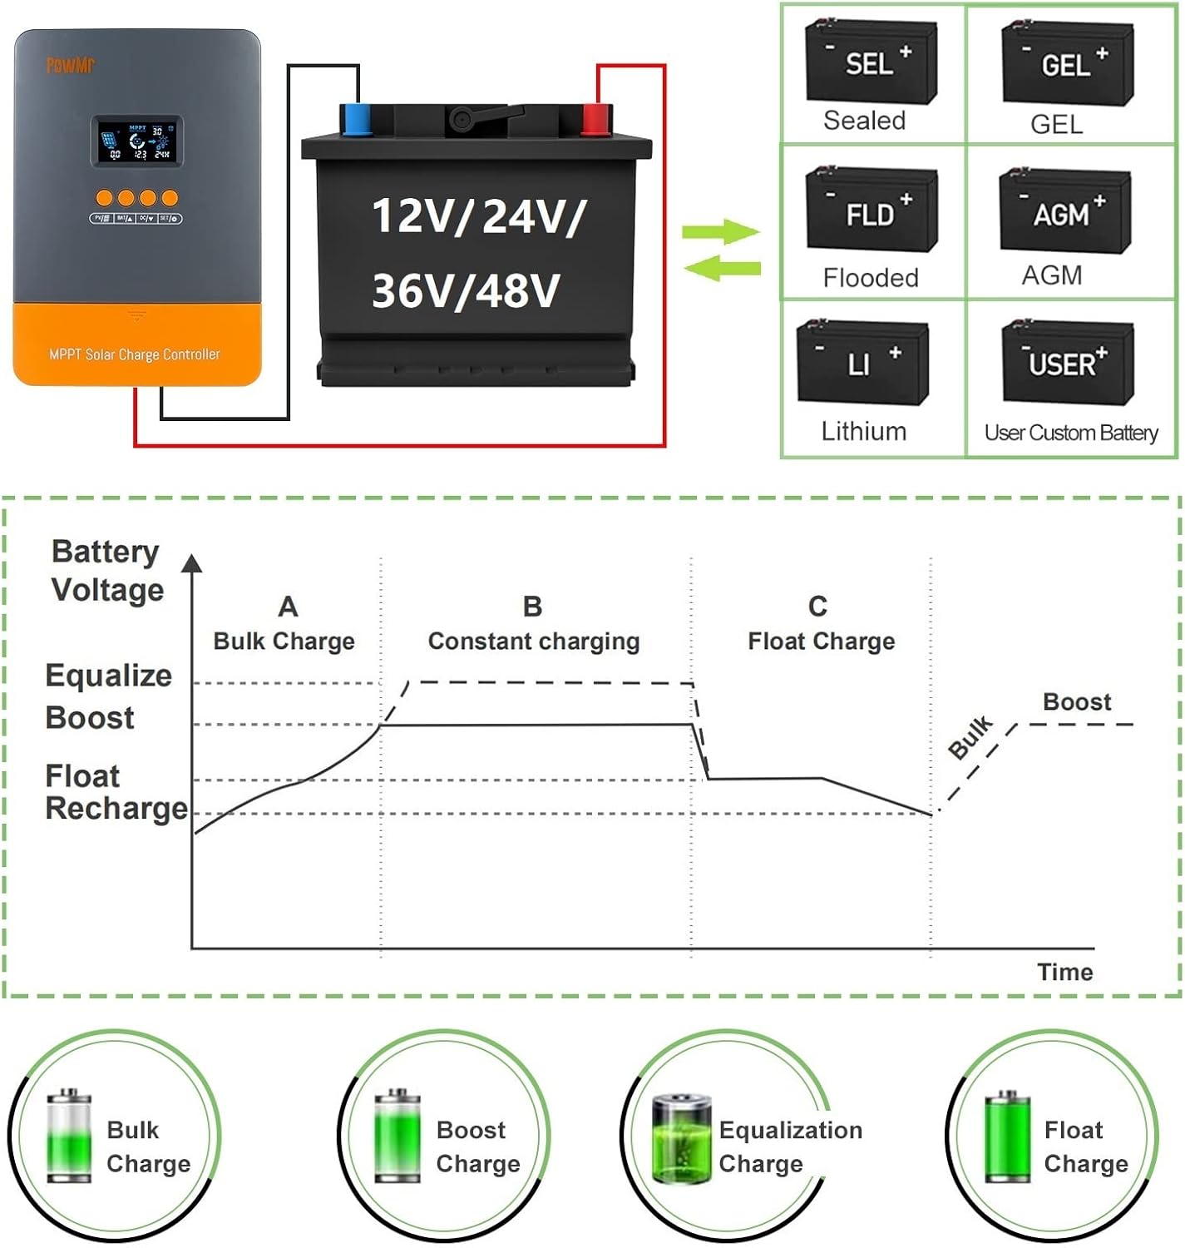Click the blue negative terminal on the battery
click(357, 119)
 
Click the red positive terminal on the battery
click(596, 119)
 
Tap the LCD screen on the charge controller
click(136, 141)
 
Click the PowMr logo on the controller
click(70, 65)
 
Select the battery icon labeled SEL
click(871, 62)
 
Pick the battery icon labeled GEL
click(1067, 63)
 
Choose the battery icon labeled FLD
click(871, 210)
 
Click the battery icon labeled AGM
click(1065, 211)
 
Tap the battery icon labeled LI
click(862, 363)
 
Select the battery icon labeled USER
click(1067, 363)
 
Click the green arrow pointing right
click(720, 231)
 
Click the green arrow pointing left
click(722, 268)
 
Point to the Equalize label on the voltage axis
click(108, 676)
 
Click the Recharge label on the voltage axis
click(116, 809)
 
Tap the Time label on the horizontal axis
click(1064, 972)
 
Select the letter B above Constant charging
click(532, 607)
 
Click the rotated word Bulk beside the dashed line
click(970, 737)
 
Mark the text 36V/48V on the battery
click(466, 291)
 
